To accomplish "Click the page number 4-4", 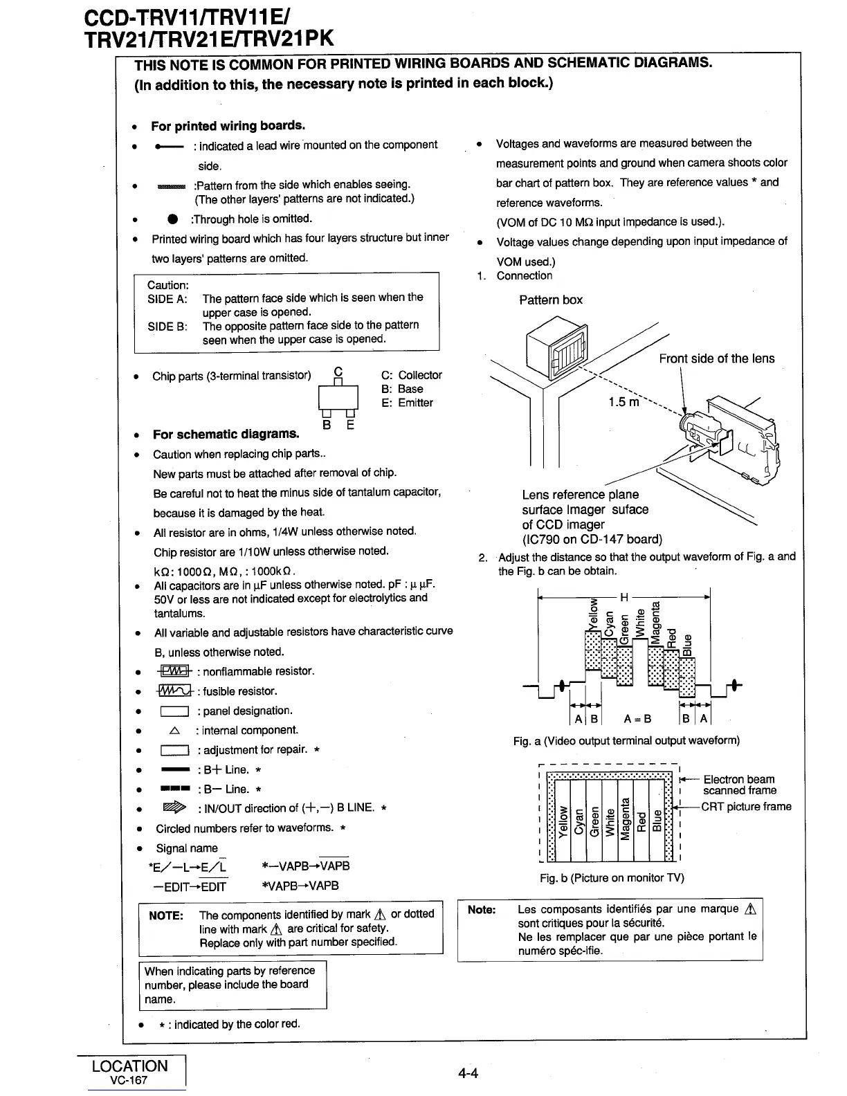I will click(468, 1073).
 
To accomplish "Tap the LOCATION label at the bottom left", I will click(129, 1066).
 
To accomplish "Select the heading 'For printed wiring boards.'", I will click(228, 126).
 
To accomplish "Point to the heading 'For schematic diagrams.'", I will click(226, 435).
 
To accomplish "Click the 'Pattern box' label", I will click(550, 300).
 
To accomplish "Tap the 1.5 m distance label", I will click(625, 402).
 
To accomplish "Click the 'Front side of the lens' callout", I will click(716, 358).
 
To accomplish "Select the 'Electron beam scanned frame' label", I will click(738, 785).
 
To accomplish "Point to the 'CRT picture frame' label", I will click(746, 807).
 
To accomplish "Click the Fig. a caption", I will click(626, 741).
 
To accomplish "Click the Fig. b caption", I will click(612, 878).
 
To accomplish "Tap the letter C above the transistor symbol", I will click(338, 371).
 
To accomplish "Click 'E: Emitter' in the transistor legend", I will click(407, 403).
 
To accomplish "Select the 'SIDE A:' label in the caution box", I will click(167, 299).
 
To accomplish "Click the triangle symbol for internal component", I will click(174, 731).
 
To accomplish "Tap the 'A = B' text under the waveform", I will click(637, 718).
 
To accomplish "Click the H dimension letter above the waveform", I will click(623, 596).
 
